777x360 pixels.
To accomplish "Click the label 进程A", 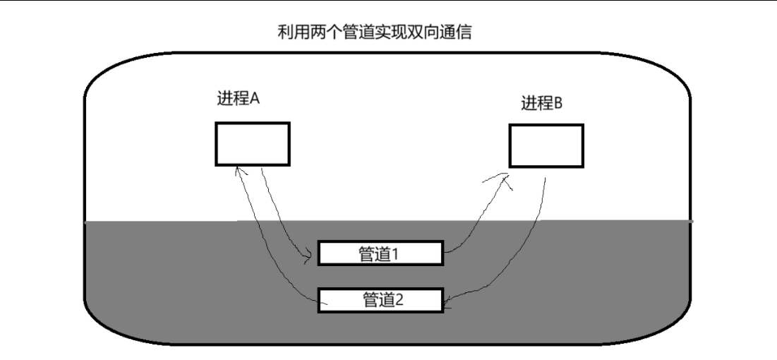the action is coord(238,100).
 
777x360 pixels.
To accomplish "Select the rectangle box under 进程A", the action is coord(252,143).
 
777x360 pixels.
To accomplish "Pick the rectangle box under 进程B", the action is coord(546,145).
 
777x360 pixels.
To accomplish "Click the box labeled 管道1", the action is coord(380,253).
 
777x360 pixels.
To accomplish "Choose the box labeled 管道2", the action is coord(380,299).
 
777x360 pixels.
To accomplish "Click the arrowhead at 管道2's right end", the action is coord(448,304).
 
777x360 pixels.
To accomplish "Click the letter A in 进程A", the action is coord(255,100).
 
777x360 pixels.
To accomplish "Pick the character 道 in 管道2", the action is coord(385,299).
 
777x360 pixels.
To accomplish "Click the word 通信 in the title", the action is coord(465,32).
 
